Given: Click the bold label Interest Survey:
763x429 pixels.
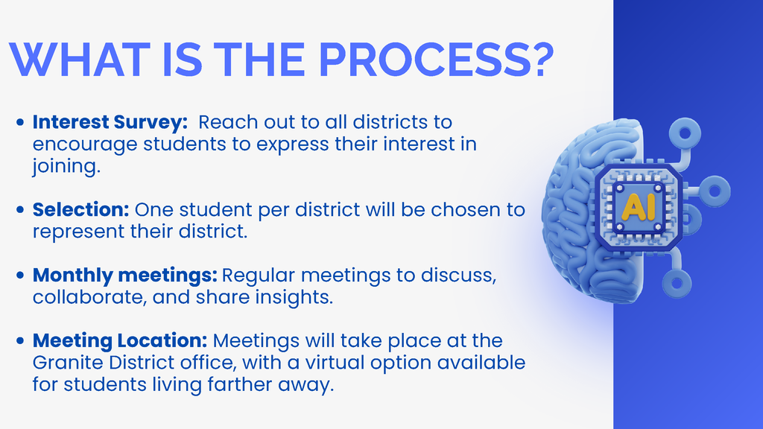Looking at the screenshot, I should [x=110, y=121].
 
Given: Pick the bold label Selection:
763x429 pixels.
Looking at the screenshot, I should [x=81, y=209].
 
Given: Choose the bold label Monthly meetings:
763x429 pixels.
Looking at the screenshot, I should [x=125, y=276].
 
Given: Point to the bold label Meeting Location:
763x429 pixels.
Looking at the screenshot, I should [x=120, y=341].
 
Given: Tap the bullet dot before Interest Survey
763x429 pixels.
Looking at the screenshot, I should [x=21, y=121].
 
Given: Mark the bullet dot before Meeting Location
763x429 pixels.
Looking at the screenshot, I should [x=21, y=342].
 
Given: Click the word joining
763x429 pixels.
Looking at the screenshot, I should [x=65, y=167].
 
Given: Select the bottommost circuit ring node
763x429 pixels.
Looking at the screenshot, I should [x=677, y=283].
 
